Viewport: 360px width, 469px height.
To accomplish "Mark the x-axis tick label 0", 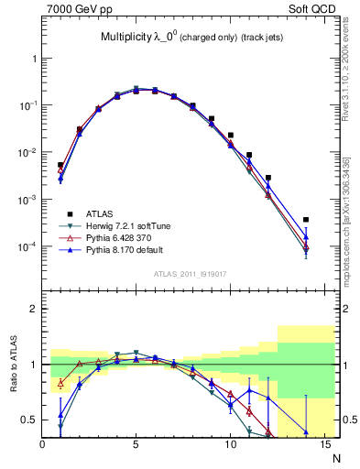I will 43,445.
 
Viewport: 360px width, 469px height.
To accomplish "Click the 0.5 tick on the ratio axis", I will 31,420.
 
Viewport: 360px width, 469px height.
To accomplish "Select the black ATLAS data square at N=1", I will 60,165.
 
